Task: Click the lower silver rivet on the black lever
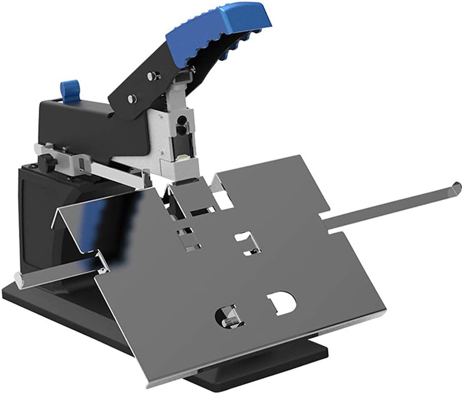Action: tap(131, 99)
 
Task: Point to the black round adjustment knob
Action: tap(47, 161)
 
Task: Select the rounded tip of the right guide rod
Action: tap(456, 189)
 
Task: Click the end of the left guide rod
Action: tap(19, 281)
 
